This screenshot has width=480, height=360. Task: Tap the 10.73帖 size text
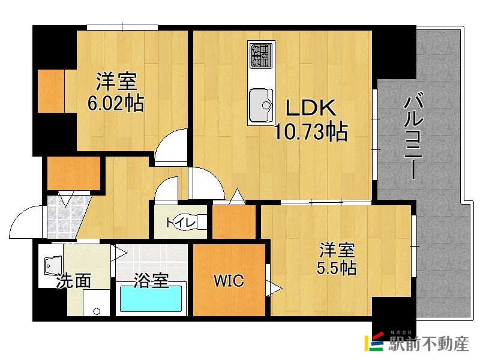pyautogui.click(x=311, y=131)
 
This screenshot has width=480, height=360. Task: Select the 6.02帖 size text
pyautogui.click(x=116, y=104)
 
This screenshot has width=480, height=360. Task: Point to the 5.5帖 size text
pyautogui.click(x=338, y=266)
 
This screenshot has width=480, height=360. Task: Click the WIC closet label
pyautogui.click(x=229, y=280)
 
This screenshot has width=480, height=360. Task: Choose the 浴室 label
pyautogui.click(x=151, y=280)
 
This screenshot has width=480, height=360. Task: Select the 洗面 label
pyautogui.click(x=74, y=280)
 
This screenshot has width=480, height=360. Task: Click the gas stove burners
pyautogui.click(x=261, y=55)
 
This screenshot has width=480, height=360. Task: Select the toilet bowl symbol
pyautogui.click(x=200, y=222)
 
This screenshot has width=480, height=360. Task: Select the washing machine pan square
pyautogui.click(x=96, y=303)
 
